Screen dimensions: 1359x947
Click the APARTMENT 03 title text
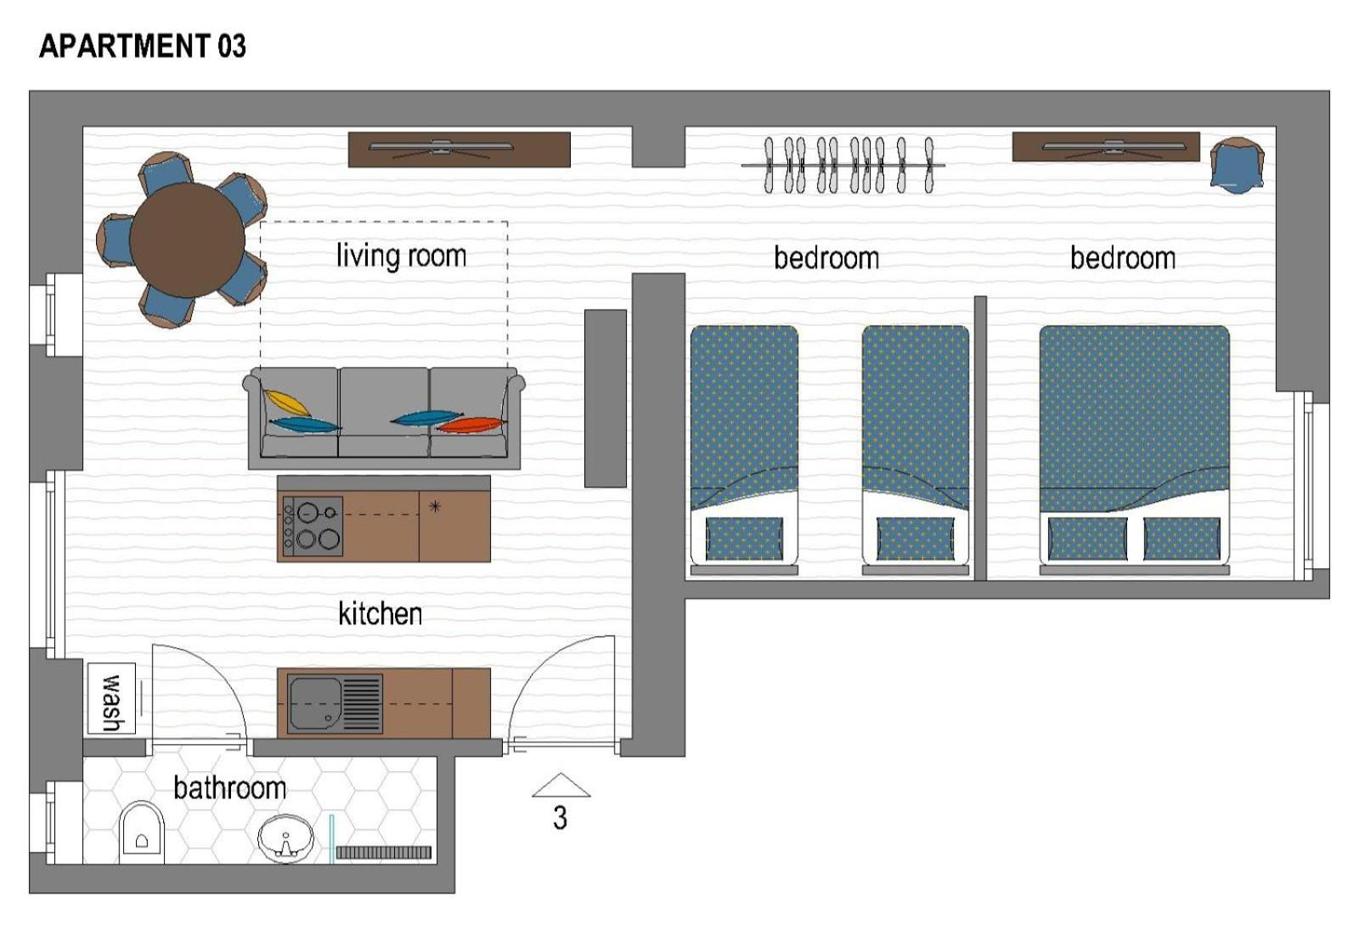[x=143, y=46]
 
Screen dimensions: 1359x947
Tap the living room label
[x=402, y=256]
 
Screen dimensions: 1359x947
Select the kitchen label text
[x=381, y=613]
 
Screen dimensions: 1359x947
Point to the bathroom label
[x=230, y=787]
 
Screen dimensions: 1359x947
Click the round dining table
[x=188, y=240]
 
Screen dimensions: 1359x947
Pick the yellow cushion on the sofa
[x=287, y=403]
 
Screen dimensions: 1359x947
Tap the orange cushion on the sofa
[x=471, y=426]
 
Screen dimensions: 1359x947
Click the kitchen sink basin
[x=315, y=703]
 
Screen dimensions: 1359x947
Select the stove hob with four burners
[x=313, y=527]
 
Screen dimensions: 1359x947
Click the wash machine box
[x=111, y=698]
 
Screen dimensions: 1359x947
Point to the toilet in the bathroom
[x=142, y=832]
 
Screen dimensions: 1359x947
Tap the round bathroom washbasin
[x=285, y=838]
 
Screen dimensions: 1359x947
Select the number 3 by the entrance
[x=560, y=818]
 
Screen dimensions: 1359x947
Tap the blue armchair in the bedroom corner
[x=1237, y=166]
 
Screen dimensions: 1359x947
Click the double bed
[x=1135, y=449]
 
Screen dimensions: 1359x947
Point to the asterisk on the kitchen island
[x=435, y=506]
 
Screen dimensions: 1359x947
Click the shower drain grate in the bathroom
[x=383, y=853]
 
